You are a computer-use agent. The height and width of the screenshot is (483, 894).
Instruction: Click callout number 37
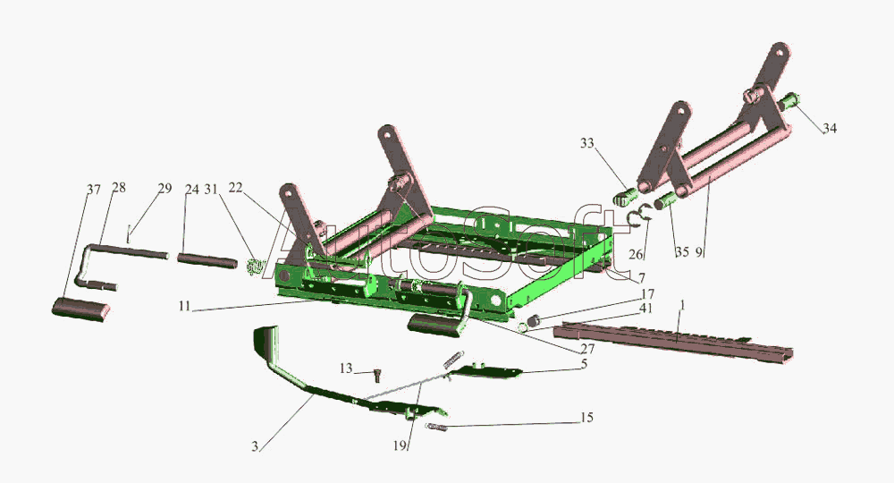pos(94,190)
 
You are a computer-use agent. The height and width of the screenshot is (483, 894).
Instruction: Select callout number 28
pos(119,188)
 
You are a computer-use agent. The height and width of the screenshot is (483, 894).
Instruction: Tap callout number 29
pos(164,188)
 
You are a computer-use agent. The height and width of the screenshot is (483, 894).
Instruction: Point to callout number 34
pos(830,128)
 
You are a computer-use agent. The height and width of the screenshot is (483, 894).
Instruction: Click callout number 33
pos(587,143)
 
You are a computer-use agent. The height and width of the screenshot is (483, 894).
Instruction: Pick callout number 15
pos(586,418)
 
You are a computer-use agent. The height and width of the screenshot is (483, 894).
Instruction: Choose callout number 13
pos(347,369)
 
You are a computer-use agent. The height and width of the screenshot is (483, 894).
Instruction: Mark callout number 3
pos(255,446)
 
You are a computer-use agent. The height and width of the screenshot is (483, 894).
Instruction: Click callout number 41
pos(646,309)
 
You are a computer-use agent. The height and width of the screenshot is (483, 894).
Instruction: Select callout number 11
pos(184,306)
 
